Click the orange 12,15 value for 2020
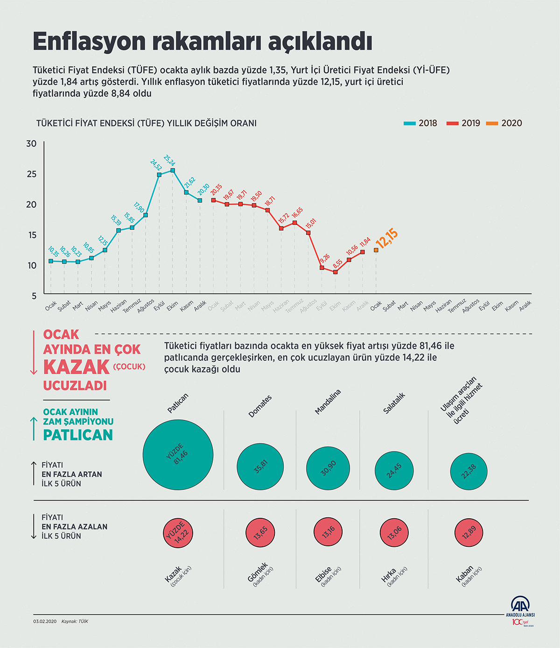(x=387, y=238)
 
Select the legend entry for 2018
(x=420, y=123)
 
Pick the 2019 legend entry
(x=463, y=123)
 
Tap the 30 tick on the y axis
(x=31, y=144)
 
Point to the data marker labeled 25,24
(x=173, y=171)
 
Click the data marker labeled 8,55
(x=335, y=272)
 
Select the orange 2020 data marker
(x=376, y=250)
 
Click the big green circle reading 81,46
(x=178, y=455)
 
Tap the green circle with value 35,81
(x=260, y=467)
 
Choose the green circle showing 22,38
(x=469, y=472)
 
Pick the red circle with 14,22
(x=178, y=532)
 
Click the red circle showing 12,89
(x=469, y=532)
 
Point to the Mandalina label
(x=328, y=402)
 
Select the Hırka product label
(x=389, y=575)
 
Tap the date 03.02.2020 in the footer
(x=44, y=621)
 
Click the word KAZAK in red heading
(x=76, y=368)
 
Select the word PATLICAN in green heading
(x=78, y=435)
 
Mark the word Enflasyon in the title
(x=89, y=42)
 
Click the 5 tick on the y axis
(x=34, y=296)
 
